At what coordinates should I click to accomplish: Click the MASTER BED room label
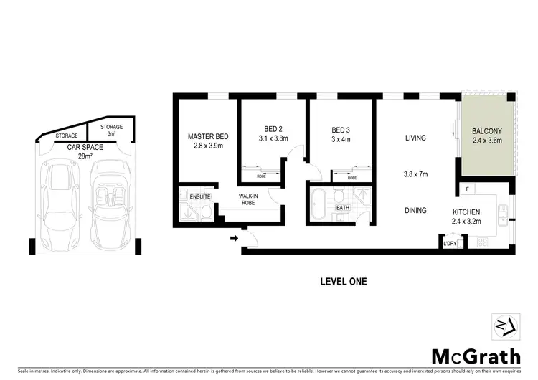click(x=208, y=136)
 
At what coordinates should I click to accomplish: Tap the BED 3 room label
click(x=341, y=130)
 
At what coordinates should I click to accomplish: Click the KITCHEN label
click(x=470, y=212)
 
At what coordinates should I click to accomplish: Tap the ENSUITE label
click(x=192, y=194)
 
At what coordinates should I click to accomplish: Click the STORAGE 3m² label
click(x=111, y=130)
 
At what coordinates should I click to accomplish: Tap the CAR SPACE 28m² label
click(x=85, y=151)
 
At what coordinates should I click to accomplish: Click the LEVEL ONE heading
click(x=343, y=282)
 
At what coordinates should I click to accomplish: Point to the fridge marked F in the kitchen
click(x=467, y=189)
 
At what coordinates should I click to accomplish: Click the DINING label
click(x=415, y=210)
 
